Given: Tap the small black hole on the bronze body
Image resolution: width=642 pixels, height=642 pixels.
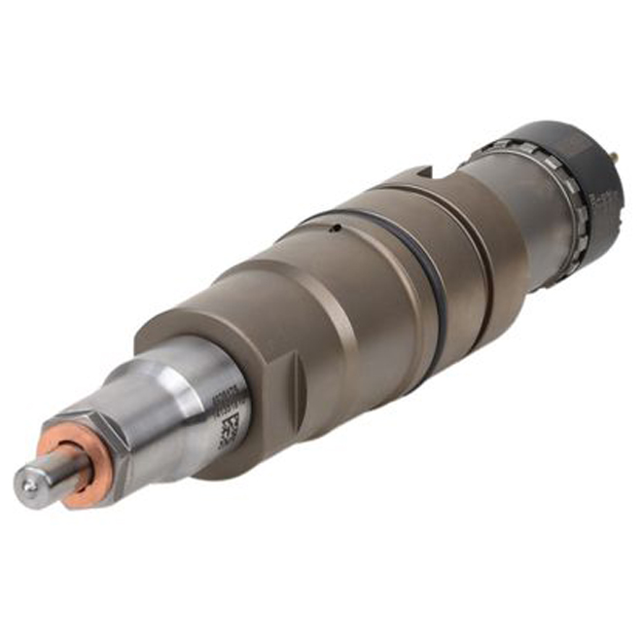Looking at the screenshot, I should [333, 231].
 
